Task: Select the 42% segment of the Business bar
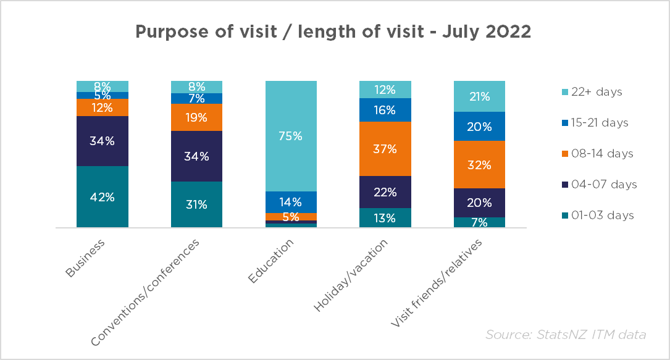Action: tap(103, 197)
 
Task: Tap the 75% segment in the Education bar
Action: tap(291, 136)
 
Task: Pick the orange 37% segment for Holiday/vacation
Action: tap(385, 149)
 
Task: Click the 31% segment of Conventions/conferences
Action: tap(196, 204)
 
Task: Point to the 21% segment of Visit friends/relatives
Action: tap(479, 96)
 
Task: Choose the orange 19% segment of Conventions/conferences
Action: tap(196, 117)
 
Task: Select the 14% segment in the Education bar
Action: tap(291, 202)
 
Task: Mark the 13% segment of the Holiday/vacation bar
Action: tap(385, 217)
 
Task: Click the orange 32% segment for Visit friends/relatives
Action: tap(479, 165)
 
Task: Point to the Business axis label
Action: tap(85, 258)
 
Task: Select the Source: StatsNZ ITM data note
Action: tap(565, 335)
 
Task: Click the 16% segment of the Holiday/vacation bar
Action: tap(385, 110)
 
